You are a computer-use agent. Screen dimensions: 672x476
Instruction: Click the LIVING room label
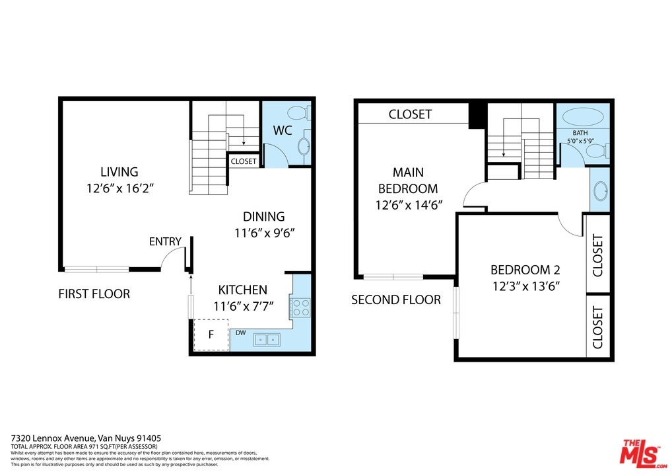pos(119,172)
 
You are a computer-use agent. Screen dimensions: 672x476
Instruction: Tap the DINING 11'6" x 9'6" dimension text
pos(265,233)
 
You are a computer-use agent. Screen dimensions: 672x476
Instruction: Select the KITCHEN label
pos(242,290)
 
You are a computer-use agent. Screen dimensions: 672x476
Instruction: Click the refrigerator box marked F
pos(211,335)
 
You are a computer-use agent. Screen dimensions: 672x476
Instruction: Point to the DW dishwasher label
pos(240,333)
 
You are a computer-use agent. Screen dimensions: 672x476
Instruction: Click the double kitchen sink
pos(267,340)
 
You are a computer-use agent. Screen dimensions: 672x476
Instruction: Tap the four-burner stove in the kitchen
pos(300,307)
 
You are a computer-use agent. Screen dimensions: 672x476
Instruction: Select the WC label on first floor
pos(283,130)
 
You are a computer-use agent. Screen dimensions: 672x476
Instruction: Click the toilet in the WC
pos(298,113)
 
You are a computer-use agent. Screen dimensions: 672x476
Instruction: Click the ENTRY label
pos(165,242)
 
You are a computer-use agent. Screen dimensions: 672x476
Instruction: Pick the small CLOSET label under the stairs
pos(244,161)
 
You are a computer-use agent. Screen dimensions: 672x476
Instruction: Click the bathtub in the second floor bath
pos(582,117)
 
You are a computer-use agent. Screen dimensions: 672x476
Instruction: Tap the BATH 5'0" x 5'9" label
pos(580,137)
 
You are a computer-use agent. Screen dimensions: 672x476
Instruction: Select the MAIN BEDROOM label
pos(408,180)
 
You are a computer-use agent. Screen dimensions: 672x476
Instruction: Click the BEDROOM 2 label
pos(525,270)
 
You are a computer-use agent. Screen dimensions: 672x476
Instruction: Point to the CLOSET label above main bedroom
pos(410,114)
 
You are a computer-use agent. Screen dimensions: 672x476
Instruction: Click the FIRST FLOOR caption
pos(94,294)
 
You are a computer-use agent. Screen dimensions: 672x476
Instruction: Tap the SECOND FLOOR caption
pos(396,299)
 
